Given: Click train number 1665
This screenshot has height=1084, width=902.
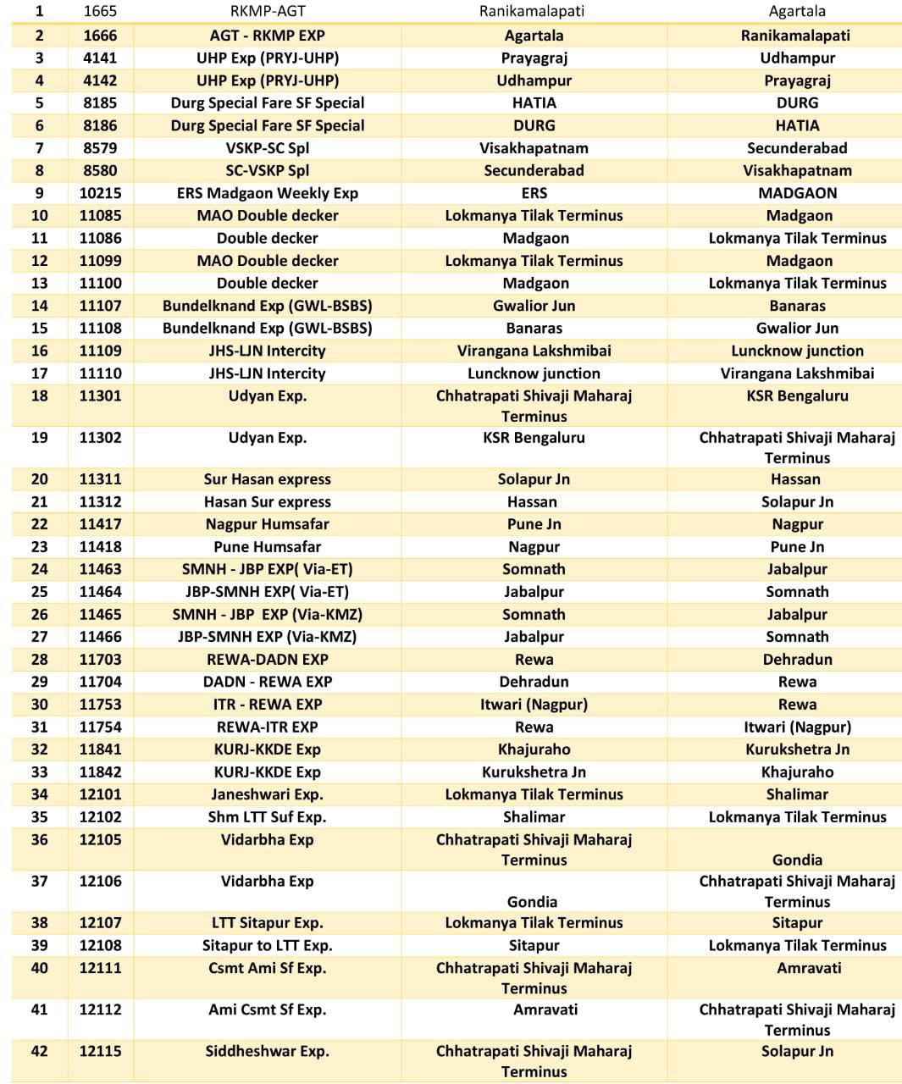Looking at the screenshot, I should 100,11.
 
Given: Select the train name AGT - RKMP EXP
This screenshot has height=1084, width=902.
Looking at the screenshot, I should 267,36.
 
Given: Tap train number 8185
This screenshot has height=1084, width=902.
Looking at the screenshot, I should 100,102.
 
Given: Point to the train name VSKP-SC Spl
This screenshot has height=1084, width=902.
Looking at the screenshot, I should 267,147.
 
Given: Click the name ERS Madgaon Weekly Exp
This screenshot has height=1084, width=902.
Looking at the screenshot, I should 267,193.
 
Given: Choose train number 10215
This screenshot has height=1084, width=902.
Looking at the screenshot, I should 100,193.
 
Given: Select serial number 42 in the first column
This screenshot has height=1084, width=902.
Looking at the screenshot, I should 39,1051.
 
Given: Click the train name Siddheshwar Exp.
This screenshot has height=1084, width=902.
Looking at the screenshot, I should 267,1051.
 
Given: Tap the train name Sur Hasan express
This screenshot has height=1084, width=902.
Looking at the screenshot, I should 267,479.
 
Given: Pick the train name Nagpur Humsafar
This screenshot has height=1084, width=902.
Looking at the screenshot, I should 267,524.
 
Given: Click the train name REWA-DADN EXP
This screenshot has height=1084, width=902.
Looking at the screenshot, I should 267,659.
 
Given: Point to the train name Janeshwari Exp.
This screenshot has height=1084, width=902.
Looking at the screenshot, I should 267,794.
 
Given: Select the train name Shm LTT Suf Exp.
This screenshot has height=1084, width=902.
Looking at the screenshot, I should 267,817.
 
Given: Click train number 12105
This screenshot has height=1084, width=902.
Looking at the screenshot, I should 100,840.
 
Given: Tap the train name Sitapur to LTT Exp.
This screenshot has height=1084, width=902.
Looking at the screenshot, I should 267,945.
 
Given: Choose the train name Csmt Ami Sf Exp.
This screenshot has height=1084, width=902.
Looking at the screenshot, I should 267,968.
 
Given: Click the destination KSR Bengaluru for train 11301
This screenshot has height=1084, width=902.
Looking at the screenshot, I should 797,395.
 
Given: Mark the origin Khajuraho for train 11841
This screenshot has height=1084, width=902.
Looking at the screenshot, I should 534,749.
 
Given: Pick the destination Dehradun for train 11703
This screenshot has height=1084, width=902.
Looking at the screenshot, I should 797,659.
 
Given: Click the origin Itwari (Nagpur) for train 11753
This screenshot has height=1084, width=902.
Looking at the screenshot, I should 534,705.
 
